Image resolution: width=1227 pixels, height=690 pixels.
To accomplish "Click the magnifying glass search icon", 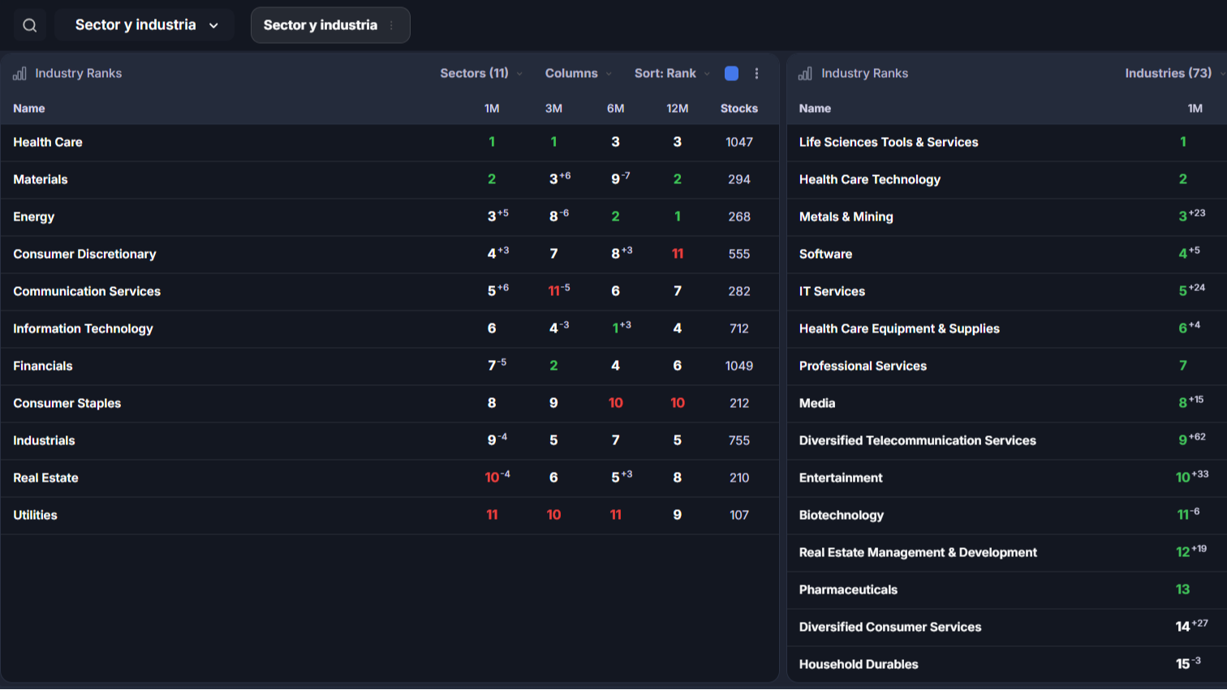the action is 29,25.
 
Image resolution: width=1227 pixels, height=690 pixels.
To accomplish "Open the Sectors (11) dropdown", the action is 481,73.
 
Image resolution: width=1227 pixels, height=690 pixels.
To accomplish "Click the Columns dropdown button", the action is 578,73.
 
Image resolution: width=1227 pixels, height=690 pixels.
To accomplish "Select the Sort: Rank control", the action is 672,73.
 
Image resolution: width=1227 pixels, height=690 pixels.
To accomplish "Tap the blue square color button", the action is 731,73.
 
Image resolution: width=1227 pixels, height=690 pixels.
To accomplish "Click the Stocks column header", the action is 739,109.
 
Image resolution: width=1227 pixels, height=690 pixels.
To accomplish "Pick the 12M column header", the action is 677,109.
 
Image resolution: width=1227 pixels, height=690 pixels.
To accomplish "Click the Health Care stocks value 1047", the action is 739,142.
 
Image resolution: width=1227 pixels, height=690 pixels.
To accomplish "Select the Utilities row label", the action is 35,515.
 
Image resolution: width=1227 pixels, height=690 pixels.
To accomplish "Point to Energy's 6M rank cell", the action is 615,216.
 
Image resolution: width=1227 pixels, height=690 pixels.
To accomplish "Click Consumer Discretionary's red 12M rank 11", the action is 678,254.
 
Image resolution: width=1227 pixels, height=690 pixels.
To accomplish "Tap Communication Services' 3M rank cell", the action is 558,290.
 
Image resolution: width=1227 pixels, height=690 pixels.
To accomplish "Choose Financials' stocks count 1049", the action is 739,366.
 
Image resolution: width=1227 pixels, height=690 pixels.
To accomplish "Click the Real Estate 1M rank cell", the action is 497,477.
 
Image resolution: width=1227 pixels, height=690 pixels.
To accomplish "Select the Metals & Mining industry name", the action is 846,216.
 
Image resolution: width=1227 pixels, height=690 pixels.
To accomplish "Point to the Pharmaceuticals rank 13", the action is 1182,590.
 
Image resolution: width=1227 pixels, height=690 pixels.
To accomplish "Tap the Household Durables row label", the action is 859,664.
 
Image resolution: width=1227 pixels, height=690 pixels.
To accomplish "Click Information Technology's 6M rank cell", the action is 621,328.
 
